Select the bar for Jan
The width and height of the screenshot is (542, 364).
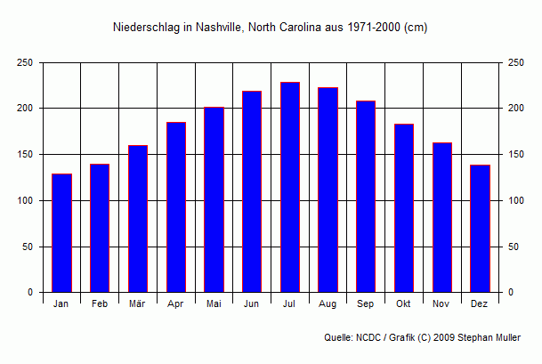[x=61, y=233]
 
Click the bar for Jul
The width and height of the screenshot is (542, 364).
[x=290, y=187]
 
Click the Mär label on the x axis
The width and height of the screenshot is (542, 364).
[x=137, y=304]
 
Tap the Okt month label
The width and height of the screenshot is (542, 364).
[x=404, y=304]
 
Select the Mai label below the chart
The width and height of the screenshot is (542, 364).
[x=214, y=304]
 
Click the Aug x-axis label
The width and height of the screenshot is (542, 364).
[x=328, y=304]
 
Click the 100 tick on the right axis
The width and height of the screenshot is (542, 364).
[x=516, y=200]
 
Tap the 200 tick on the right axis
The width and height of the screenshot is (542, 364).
[x=516, y=109]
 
